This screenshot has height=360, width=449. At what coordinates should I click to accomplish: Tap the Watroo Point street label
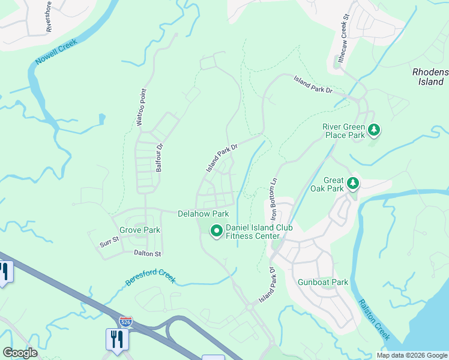(141, 107)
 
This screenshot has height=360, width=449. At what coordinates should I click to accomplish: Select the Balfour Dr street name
(160, 158)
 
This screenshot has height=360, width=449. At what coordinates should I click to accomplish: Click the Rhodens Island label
(430, 76)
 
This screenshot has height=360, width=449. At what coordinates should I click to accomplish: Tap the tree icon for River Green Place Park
(374, 129)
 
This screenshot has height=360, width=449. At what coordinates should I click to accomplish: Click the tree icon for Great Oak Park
(354, 182)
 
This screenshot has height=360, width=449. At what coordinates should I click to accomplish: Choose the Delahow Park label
(203, 214)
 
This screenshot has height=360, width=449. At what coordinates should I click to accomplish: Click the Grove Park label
(140, 230)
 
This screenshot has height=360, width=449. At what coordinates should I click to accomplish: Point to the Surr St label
(110, 243)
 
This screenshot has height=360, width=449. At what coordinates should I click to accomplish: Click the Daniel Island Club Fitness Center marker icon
(216, 230)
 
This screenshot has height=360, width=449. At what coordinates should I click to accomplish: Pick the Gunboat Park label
(323, 282)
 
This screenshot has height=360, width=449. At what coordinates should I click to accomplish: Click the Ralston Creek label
(375, 319)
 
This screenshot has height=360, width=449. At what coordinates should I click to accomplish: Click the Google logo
(20, 353)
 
